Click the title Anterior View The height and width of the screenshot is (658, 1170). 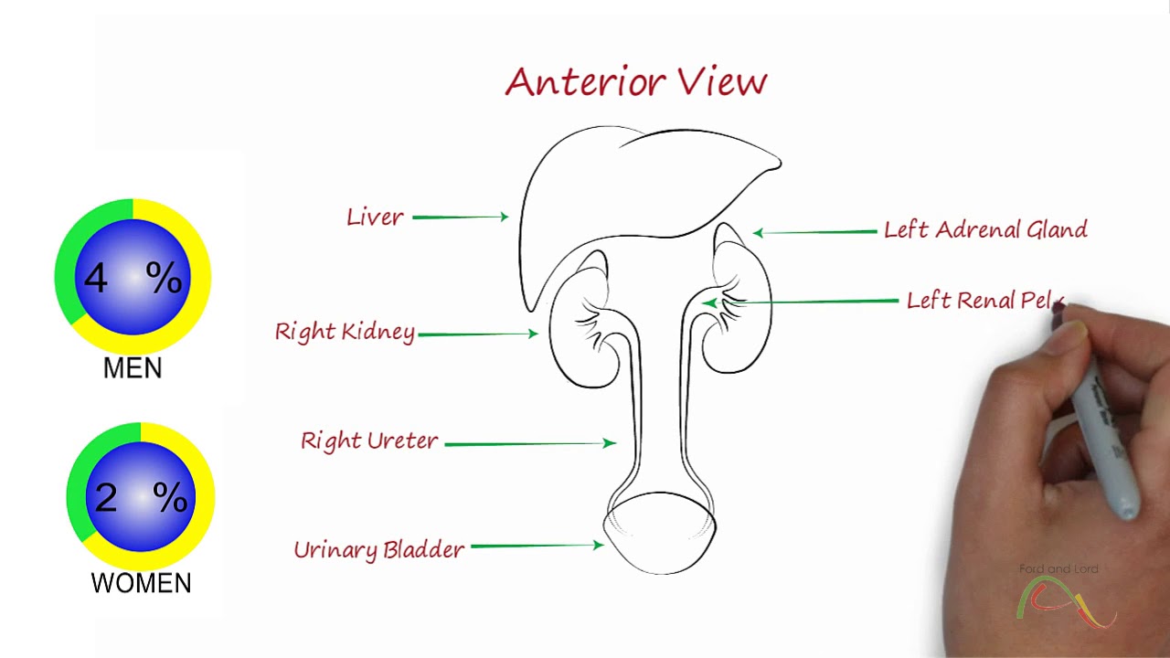635,82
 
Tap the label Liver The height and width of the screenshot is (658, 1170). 375,218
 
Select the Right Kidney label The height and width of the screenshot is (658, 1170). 345,332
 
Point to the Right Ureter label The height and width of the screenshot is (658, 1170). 369,441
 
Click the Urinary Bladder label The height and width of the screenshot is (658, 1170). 378,549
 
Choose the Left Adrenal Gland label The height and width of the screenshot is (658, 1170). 985,229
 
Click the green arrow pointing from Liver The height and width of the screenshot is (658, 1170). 460,217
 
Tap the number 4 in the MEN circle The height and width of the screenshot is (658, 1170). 96,278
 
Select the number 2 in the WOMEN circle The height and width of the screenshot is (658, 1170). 106,497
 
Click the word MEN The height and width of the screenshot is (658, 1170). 133,369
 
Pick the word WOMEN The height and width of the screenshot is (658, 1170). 141,583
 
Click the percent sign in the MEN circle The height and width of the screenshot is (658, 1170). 164,277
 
